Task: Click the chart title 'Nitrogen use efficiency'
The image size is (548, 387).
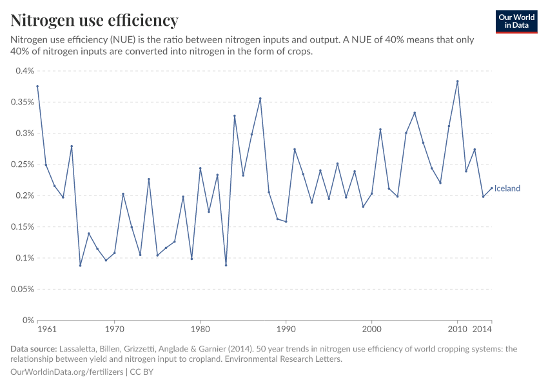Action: (94, 21)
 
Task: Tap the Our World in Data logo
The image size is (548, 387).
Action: (516, 21)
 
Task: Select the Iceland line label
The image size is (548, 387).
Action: (507, 188)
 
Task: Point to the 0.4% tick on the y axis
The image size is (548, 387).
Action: (24, 71)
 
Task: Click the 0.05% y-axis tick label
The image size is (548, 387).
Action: (22, 289)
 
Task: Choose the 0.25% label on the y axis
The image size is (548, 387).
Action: (22, 164)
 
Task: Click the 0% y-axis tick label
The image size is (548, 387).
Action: (28, 320)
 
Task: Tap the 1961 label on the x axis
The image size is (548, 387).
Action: (46, 330)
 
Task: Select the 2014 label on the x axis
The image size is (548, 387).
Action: (483, 330)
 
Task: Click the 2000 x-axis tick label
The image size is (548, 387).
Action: (372, 330)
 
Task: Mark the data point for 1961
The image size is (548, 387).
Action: (37, 86)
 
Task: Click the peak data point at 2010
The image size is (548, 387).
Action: (458, 81)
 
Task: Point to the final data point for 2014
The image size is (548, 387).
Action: (492, 188)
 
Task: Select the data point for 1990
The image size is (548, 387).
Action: (286, 222)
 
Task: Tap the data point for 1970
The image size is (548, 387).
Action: (114, 253)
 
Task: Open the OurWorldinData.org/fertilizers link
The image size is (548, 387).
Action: (68, 372)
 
